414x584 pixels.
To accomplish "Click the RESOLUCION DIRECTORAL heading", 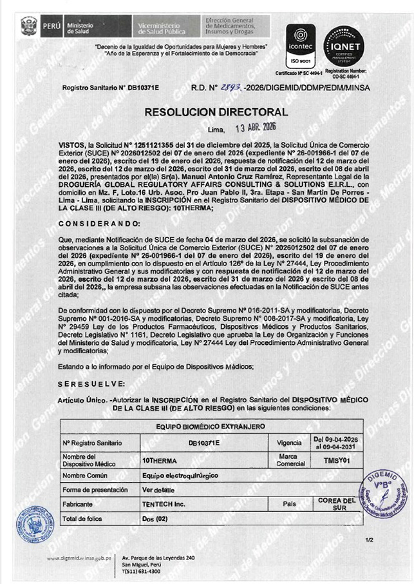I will pos(207,112).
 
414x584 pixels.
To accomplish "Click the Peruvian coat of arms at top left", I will pos(29,28).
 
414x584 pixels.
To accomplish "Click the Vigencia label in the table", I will pos(288,443).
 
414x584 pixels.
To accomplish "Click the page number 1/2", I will pos(369,539).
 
